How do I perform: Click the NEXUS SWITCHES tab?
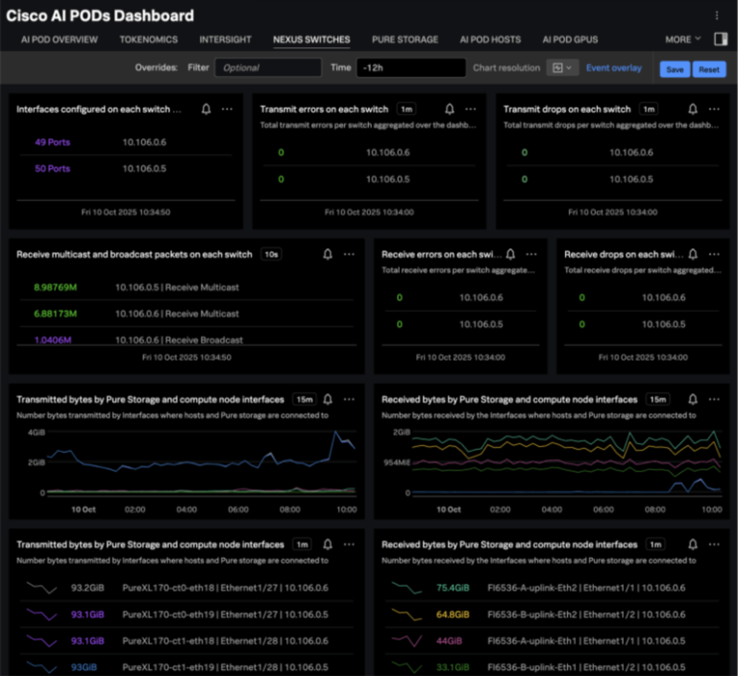click(311, 39)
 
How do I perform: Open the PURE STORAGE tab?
click(405, 39)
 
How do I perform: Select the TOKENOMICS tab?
click(148, 39)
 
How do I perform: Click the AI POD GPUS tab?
click(569, 39)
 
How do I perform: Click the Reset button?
click(708, 69)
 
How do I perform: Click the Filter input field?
click(267, 68)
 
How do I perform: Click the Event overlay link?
click(613, 68)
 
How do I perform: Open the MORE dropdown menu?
click(682, 39)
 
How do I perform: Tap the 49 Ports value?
click(52, 142)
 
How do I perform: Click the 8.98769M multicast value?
click(55, 288)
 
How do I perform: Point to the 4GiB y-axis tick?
click(36, 434)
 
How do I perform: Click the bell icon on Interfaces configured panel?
click(206, 110)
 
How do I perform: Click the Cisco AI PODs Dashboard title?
click(100, 15)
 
